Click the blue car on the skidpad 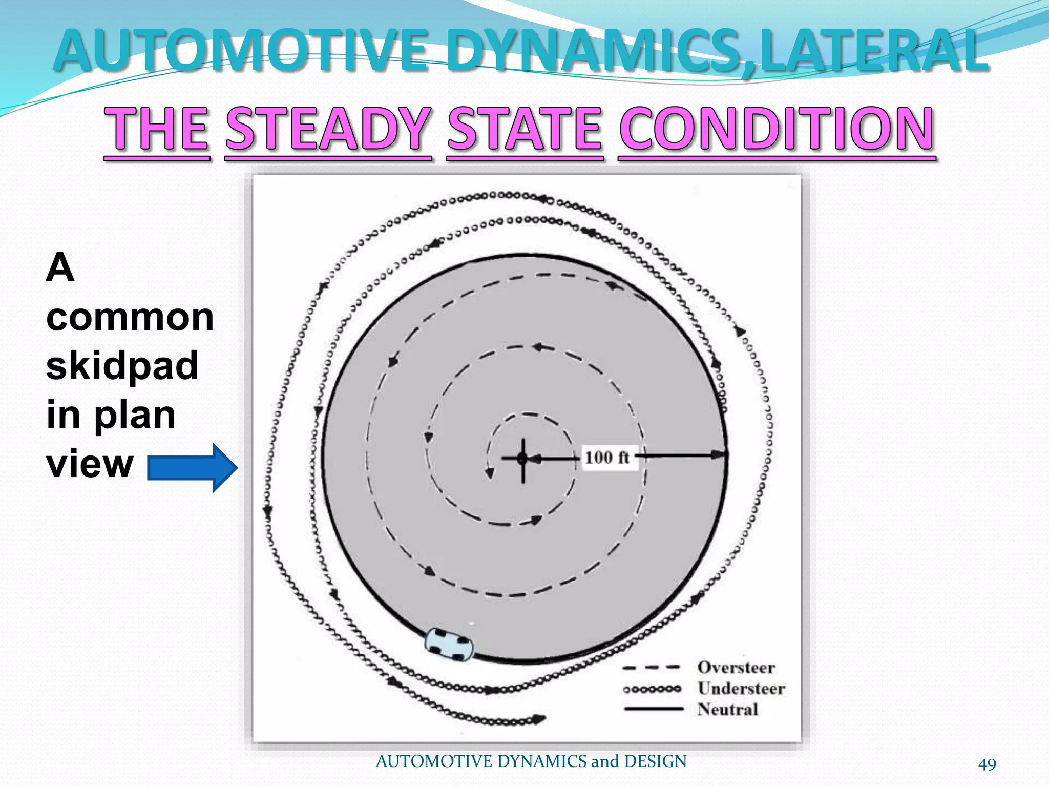click(449, 644)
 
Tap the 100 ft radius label click(607, 457)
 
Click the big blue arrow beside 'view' click(193, 468)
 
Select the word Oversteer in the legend click(736, 668)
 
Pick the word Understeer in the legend click(741, 689)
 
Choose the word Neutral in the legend click(727, 710)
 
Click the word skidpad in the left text click(122, 365)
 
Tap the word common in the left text click(130, 317)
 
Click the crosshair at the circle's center click(522, 459)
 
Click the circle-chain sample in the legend click(652, 689)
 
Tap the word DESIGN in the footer click(655, 761)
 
